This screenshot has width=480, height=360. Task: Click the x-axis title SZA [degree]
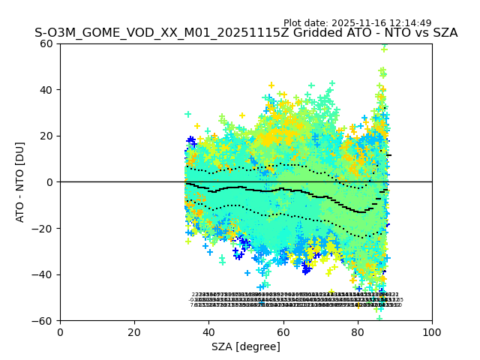click(246, 346)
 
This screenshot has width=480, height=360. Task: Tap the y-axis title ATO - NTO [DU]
click(20, 181)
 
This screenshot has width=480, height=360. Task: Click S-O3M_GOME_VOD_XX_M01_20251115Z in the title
click(142, 33)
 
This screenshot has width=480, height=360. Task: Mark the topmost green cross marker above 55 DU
click(384, 49)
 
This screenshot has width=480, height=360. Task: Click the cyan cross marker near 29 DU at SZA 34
click(188, 114)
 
